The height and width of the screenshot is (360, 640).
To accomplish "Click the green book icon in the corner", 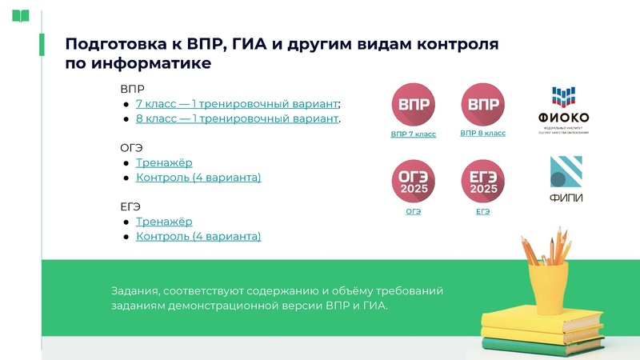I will [21, 15].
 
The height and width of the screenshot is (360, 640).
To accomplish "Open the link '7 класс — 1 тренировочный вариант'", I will [237, 104].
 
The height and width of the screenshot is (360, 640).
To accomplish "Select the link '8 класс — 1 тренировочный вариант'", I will [237, 118].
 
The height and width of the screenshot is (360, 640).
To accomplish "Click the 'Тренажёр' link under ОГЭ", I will [164, 163].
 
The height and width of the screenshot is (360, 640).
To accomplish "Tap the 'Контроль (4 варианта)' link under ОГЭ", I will [198, 178].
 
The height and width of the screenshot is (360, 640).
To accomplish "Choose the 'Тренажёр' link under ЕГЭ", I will [164, 222].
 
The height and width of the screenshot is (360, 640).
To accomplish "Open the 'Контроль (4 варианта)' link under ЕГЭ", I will [198, 237].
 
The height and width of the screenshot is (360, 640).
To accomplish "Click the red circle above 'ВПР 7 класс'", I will [413, 105].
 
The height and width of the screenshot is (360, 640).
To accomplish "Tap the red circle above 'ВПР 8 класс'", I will [483, 105].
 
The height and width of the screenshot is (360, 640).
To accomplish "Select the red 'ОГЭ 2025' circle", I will [413, 182].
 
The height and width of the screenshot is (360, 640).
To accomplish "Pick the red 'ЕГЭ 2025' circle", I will [483, 182].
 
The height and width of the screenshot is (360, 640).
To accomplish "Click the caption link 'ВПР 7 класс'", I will [414, 134].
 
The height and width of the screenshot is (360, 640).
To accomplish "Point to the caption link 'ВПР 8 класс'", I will [483, 134].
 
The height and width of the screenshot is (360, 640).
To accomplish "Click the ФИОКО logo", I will [563, 109].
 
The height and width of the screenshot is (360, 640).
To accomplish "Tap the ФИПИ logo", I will [566, 180].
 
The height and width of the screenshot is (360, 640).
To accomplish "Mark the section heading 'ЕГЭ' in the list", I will [130, 206].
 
